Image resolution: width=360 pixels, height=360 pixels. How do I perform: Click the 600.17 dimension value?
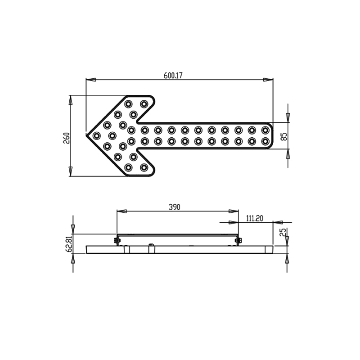(173, 76)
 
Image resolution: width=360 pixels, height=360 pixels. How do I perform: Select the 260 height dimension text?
(66, 138)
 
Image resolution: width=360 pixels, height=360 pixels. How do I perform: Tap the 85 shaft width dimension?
(284, 137)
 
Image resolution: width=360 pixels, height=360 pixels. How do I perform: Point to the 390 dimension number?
(175, 207)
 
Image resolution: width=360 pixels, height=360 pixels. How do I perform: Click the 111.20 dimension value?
(255, 218)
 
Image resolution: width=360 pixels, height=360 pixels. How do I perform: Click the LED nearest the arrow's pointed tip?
(96, 136)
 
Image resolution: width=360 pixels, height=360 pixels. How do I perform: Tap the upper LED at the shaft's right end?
(265, 130)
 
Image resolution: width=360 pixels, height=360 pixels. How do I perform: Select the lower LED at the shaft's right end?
(265, 141)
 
